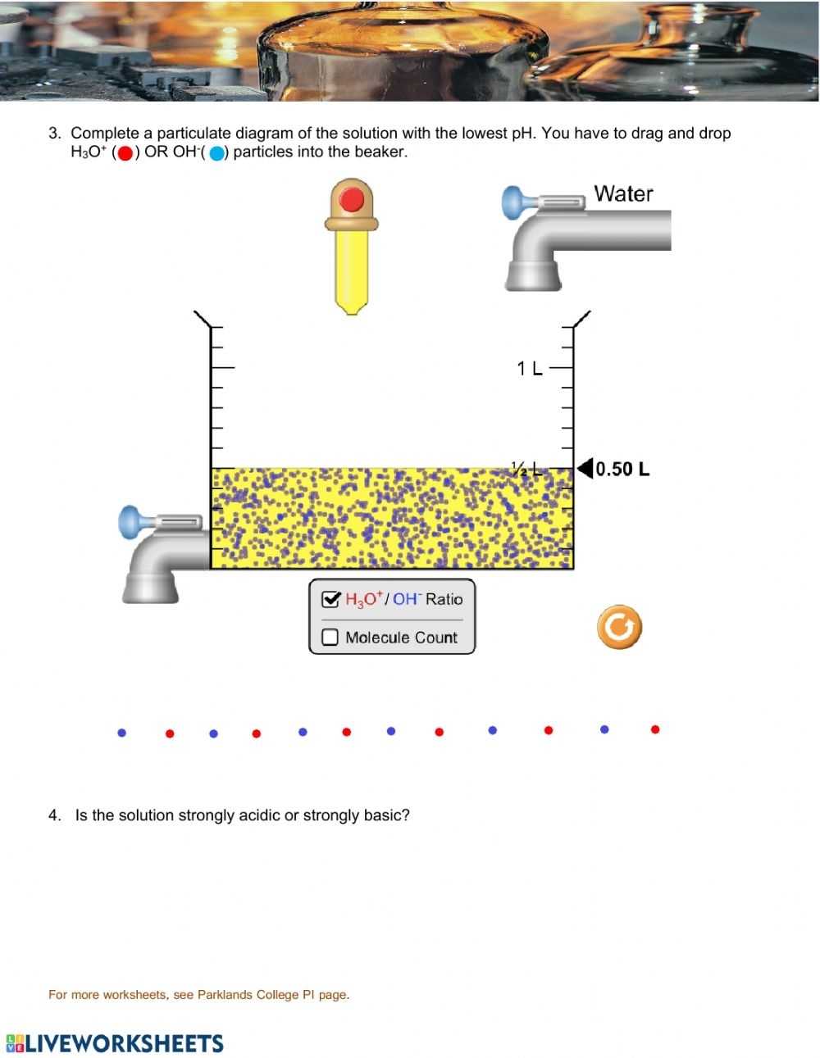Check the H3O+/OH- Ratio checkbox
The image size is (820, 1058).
330,600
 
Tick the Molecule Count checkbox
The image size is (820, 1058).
330,638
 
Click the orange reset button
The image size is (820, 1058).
619,628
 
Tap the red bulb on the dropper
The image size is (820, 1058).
352,200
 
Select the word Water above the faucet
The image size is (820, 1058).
623,194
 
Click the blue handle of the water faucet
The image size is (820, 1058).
512,202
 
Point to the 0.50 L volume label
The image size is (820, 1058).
622,470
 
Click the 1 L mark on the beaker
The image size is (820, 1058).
530,369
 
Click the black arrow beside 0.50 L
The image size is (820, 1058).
584,469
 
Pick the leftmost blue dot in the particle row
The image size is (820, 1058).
122,733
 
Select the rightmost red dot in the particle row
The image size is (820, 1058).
655,729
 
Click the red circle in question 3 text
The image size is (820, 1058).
125,153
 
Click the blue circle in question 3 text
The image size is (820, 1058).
216,153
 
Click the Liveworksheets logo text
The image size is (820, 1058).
123,1043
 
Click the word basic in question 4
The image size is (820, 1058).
383,815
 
